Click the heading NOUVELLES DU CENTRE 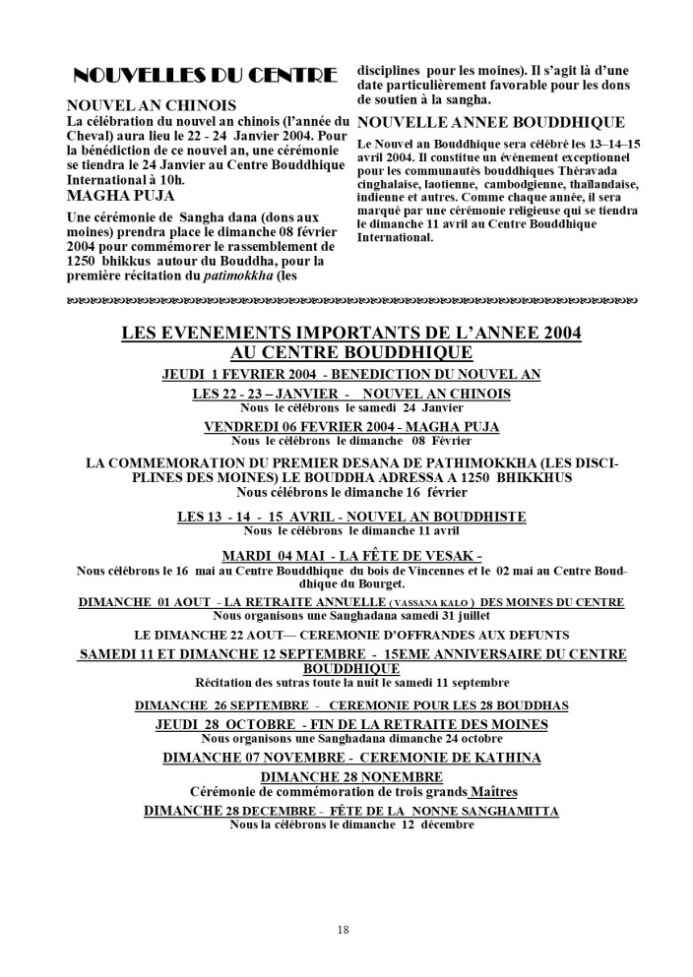pyautogui.click(x=207, y=77)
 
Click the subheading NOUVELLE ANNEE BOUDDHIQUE pyautogui.click(x=490, y=123)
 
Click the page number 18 pyautogui.click(x=343, y=928)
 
